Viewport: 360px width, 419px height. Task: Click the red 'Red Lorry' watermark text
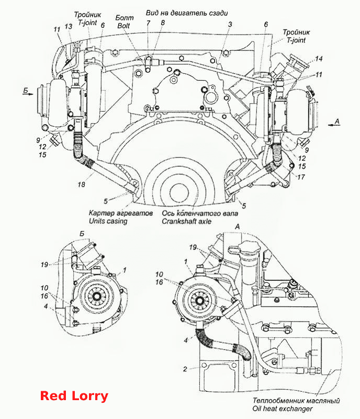(74, 396)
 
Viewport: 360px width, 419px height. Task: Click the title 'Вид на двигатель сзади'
(187, 13)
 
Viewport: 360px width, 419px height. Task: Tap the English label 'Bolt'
(123, 26)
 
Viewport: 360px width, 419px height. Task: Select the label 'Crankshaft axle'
(186, 221)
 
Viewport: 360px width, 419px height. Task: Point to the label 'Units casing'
(108, 221)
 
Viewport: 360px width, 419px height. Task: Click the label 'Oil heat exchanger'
(282, 409)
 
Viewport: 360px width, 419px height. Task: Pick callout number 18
(82, 184)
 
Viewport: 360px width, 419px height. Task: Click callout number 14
(319, 59)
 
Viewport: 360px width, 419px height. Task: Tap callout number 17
(301, 177)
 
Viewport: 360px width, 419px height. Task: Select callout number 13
(69, 26)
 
